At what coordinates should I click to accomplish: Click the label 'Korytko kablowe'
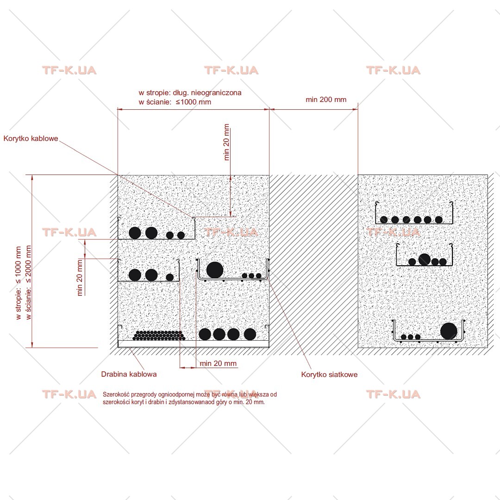click(x=31, y=138)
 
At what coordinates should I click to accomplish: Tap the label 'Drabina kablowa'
click(x=129, y=374)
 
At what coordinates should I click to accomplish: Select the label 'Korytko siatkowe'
click(x=329, y=375)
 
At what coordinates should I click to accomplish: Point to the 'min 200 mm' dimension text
click(x=326, y=100)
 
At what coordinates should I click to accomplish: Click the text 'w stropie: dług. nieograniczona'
click(x=190, y=93)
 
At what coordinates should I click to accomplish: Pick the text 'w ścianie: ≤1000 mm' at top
click(x=175, y=102)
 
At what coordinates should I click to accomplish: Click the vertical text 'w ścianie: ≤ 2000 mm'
click(x=29, y=282)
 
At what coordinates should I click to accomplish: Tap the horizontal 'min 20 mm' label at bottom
click(x=218, y=363)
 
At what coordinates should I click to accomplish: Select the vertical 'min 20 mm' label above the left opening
click(x=226, y=142)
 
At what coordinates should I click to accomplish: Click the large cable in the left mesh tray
click(x=215, y=270)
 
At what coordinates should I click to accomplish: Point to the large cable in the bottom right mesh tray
click(x=449, y=331)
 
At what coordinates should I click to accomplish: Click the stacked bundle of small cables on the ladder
click(x=158, y=336)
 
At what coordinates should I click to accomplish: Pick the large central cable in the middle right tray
click(x=424, y=260)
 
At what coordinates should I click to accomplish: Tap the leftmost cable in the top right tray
click(x=384, y=219)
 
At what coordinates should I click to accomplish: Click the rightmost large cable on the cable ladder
click(x=250, y=334)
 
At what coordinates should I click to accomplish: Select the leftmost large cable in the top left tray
click(x=135, y=233)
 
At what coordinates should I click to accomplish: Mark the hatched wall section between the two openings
click(x=313, y=265)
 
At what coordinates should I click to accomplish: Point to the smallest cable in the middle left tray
click(x=169, y=277)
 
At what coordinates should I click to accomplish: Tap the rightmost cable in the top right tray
click(x=439, y=219)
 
